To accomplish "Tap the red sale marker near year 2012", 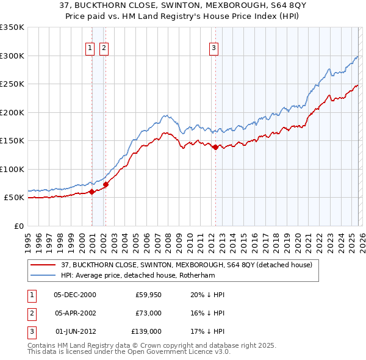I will point(215,147).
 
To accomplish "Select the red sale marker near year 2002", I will point(106,184).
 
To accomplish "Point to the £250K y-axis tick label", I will point(12,84).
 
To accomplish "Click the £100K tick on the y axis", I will point(12,169).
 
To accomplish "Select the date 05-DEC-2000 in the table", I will point(75,295).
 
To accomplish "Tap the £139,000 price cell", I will point(147,331).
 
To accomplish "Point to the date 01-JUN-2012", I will point(75,331).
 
